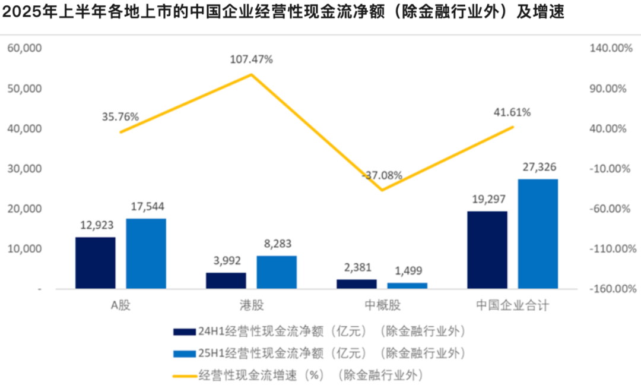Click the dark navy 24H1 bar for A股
click(95, 263)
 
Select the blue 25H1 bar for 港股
click(277, 272)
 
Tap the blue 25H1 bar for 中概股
click(407, 286)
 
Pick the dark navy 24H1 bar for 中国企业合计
click(487, 250)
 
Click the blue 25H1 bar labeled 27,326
click(538, 234)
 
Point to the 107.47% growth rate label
click(252, 59)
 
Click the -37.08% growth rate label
click(382, 175)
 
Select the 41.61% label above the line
click(512, 112)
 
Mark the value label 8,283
click(277, 244)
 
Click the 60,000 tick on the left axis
click(24, 48)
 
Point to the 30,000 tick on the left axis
click(24, 169)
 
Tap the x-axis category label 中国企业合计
click(513, 305)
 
